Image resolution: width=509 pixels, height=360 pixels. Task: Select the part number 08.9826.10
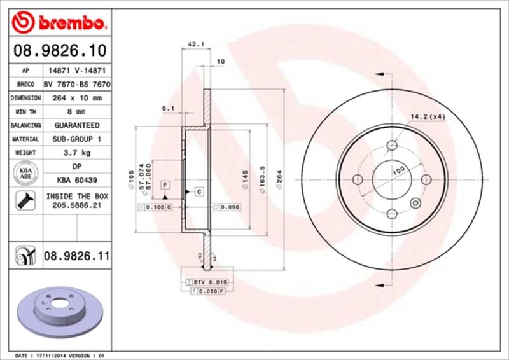[58, 50]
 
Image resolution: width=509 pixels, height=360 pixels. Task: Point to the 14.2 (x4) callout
[428, 116]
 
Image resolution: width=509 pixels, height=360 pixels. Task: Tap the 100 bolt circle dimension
[398, 171]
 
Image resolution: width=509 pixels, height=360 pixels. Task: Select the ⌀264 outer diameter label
[279, 185]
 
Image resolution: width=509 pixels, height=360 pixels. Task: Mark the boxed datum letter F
[165, 184]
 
